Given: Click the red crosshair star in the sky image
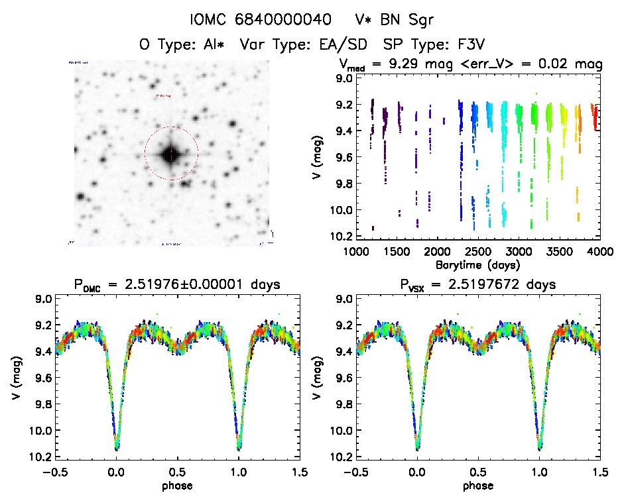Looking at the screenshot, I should tap(171, 154).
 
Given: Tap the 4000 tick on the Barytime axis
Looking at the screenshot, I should tap(599, 252).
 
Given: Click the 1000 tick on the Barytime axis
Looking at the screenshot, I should tap(356, 252).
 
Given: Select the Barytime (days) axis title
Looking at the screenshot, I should tap(477, 264).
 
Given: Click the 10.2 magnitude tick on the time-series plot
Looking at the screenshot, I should tap(343, 236).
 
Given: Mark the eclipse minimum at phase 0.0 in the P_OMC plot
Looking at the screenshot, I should tap(117, 448).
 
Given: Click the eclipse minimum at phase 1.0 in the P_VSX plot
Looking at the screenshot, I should tap(539, 448).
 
